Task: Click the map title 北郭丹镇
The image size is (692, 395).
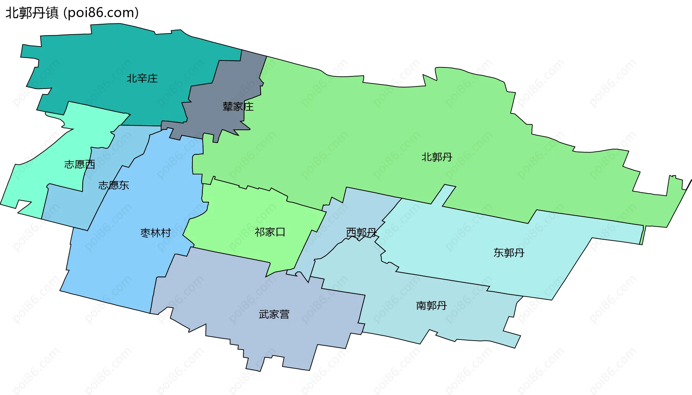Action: pos(32,13)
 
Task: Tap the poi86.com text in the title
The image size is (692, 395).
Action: pos(101,13)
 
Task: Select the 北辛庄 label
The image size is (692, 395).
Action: pos(142,79)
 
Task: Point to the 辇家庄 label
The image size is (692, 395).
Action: pos(238,107)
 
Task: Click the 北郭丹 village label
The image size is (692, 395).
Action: pos(437,157)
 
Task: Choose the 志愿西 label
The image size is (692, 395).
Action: pos(80,165)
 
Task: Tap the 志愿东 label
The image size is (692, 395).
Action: pos(114,185)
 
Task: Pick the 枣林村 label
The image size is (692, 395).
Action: pos(156,233)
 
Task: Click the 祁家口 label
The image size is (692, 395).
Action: pos(270,232)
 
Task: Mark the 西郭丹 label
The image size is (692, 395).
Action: pos(361,232)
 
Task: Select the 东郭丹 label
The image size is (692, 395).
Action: pos(509,253)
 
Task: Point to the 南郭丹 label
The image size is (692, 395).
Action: pos(431,306)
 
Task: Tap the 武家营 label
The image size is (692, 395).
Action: pos(274,315)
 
